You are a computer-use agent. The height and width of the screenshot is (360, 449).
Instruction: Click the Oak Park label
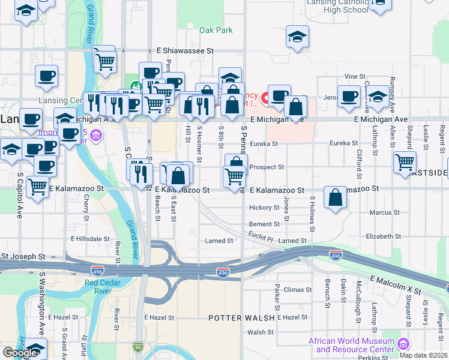(215, 30)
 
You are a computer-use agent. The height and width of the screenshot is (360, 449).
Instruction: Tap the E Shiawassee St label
(185, 52)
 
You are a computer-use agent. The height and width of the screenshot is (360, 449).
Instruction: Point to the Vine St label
(355, 76)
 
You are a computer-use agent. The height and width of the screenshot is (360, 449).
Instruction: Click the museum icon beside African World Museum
(403, 344)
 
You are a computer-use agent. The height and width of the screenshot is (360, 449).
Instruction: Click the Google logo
(20, 352)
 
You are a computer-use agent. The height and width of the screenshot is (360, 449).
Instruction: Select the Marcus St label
(385, 213)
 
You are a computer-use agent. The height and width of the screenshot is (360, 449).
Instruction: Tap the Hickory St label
(264, 208)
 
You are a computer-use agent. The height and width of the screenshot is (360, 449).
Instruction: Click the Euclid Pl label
(261, 239)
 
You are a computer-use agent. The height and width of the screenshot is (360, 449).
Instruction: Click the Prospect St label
(266, 167)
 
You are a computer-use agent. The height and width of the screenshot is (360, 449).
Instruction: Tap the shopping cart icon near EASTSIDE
(405, 161)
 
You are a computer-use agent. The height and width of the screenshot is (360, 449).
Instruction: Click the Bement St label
(264, 224)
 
